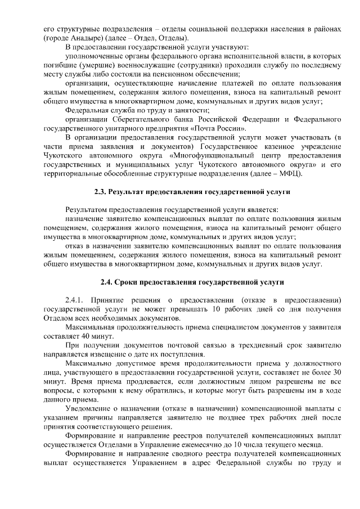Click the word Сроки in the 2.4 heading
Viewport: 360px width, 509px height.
(x=132, y=282)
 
